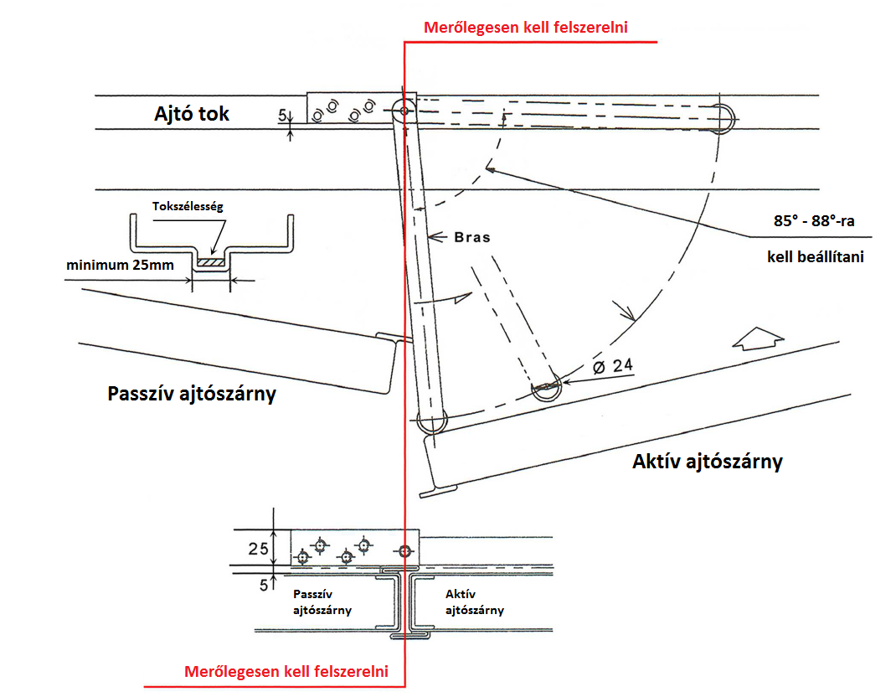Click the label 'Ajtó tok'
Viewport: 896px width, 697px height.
click(192, 114)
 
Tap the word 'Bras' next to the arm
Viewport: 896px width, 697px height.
click(472, 237)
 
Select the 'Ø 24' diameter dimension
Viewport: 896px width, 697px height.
click(613, 366)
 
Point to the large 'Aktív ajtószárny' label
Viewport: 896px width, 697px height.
click(708, 462)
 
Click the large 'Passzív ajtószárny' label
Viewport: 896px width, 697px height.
click(192, 394)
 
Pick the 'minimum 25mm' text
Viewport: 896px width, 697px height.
click(120, 266)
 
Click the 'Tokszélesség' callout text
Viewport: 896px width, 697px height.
click(188, 206)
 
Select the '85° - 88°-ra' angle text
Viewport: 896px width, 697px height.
click(814, 220)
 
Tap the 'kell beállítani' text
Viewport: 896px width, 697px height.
click(816, 256)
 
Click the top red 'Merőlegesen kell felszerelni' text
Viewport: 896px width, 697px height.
click(526, 28)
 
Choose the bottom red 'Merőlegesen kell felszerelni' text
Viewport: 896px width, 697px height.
click(286, 671)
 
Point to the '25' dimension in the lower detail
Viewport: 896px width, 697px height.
click(258, 549)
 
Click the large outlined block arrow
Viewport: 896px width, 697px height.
click(758, 338)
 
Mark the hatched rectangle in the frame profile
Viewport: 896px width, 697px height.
click(211, 262)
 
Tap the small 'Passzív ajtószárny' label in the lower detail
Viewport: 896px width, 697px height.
click(322, 602)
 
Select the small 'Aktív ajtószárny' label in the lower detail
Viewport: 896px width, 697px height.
click(475, 602)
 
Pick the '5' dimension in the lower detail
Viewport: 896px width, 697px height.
click(264, 585)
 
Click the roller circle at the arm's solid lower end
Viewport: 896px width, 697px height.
click(432, 421)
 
